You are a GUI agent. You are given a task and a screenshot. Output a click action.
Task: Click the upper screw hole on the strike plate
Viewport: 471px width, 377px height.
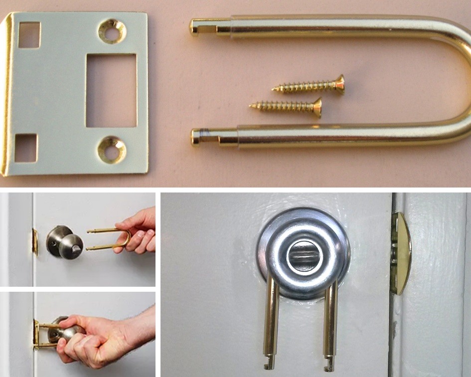[112, 31]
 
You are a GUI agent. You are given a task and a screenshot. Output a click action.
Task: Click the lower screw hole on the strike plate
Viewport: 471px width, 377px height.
[111, 150]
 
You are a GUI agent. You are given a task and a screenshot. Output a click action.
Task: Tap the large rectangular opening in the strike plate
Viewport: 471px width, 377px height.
[111, 90]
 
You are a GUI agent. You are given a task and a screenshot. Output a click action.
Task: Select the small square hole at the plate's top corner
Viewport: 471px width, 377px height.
[29, 35]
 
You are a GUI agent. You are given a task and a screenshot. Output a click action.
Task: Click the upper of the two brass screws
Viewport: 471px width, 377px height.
[309, 86]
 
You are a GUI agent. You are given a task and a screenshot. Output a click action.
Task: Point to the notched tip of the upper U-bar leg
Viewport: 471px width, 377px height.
[197, 26]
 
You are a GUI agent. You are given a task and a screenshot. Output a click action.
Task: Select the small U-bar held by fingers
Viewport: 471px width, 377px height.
[107, 239]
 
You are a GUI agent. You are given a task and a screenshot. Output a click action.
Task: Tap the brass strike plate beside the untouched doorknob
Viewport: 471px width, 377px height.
[35, 241]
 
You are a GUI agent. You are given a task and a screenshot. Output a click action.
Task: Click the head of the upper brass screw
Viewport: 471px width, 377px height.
[339, 85]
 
